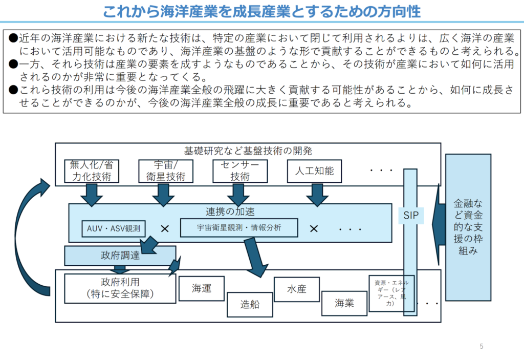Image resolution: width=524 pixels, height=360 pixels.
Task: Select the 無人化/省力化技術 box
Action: tap(92, 171)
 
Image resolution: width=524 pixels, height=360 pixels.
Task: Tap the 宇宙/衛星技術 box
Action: tap(166, 171)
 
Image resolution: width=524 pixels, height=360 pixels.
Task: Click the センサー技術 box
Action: tap(239, 171)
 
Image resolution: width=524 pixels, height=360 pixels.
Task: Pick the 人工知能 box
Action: tap(314, 171)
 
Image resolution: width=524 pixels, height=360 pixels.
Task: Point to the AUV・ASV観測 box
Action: tap(114, 228)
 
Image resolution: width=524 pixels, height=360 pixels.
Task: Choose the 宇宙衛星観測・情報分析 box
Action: tap(239, 227)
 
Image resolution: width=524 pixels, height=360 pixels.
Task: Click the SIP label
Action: tap(410, 216)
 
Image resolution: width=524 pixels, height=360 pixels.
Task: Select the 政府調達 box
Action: tap(120, 256)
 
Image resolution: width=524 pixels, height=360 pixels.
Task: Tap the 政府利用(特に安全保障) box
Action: tap(120, 288)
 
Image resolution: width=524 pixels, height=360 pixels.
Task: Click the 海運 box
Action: tap(202, 288)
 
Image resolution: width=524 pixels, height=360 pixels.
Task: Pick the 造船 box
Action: tap(250, 304)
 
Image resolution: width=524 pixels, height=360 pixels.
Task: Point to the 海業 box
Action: tap(344, 303)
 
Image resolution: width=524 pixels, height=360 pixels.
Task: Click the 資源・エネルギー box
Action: tap(391, 293)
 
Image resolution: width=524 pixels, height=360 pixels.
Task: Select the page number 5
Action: tap(482, 347)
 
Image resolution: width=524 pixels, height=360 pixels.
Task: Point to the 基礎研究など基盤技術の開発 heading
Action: tap(248, 151)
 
